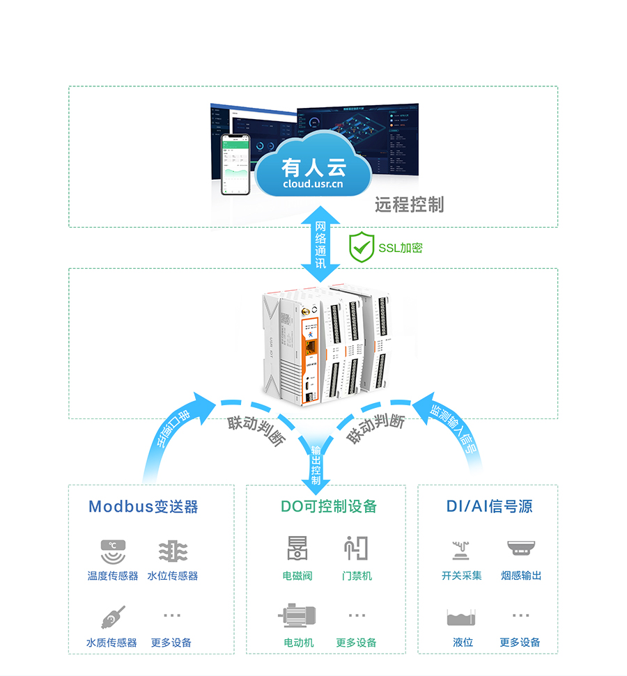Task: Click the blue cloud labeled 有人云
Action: pyautogui.click(x=313, y=171)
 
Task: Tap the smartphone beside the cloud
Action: pyautogui.click(x=235, y=164)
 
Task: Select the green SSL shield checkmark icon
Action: pyautogui.click(x=362, y=247)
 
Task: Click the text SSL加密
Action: pyautogui.click(x=401, y=248)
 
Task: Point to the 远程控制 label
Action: pyautogui.click(x=409, y=205)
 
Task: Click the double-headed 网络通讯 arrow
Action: pyautogui.click(x=320, y=244)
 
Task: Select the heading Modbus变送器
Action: pyautogui.click(x=144, y=506)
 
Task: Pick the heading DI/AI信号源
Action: pyautogui.click(x=489, y=506)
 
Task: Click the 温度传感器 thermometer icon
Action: pyautogui.click(x=113, y=552)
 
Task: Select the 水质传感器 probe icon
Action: pyautogui.click(x=113, y=617)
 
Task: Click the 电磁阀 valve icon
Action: pyautogui.click(x=297, y=549)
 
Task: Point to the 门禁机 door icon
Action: pyautogui.click(x=356, y=549)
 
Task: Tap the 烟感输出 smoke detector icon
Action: pyautogui.click(x=520, y=549)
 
